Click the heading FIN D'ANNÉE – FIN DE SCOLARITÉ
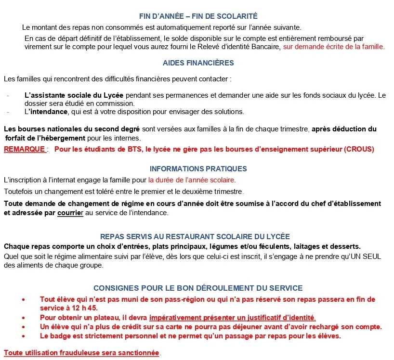pyautogui.click(x=198, y=16)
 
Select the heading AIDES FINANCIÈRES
pyautogui.click(x=198, y=63)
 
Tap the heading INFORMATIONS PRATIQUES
pyautogui.click(x=198, y=169)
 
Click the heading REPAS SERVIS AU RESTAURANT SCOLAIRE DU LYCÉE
pyautogui.click(x=195, y=236)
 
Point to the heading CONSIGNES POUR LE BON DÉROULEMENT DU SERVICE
pyautogui.click(x=198, y=288)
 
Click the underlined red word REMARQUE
pyautogui.click(x=25, y=149)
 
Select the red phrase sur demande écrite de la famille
pyautogui.click(x=334, y=47)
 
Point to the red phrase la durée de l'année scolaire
pyautogui.click(x=192, y=180)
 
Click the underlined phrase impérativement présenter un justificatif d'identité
pyautogui.click(x=233, y=317)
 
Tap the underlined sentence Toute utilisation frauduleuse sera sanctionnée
pyautogui.click(x=81, y=353)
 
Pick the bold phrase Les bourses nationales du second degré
pyautogui.click(x=72, y=129)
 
